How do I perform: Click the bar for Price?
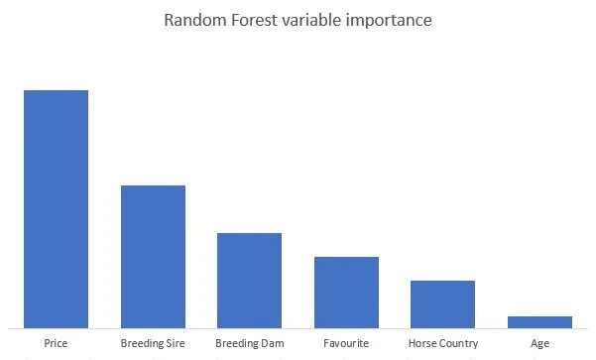click(57, 208)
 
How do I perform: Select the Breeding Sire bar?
click(153, 256)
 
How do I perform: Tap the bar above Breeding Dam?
click(250, 280)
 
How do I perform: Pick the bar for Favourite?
click(346, 292)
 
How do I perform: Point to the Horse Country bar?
click(443, 303)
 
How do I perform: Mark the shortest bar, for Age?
click(539, 321)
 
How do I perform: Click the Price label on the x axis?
click(57, 343)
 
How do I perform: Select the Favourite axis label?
click(346, 343)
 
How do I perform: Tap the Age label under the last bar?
click(539, 343)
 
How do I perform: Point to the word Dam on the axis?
click(272, 343)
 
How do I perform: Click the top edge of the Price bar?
click(57, 91)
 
